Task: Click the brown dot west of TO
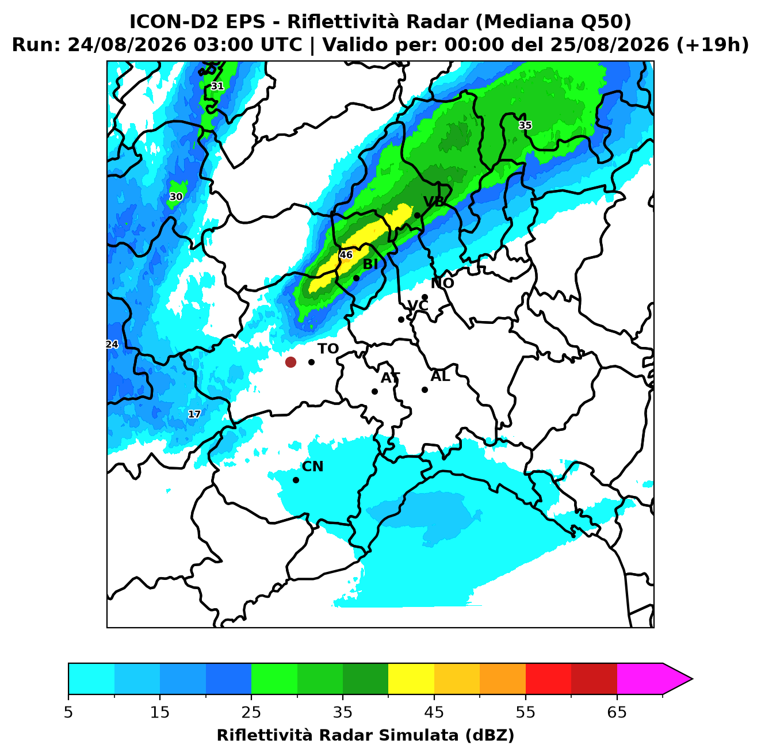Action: tap(290, 361)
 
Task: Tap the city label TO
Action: tap(328, 349)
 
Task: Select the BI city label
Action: tap(370, 265)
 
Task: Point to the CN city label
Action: tap(312, 467)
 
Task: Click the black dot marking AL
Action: tap(425, 390)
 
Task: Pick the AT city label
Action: tap(390, 378)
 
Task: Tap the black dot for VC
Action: tap(401, 319)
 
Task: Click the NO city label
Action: tap(442, 283)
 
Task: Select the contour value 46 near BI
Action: tap(346, 255)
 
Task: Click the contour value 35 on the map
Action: tap(525, 125)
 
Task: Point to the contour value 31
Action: tap(217, 86)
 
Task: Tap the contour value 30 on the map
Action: tap(176, 197)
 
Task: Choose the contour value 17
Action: tap(194, 414)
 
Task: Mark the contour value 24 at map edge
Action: tap(112, 344)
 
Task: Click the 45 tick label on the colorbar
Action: tap(434, 712)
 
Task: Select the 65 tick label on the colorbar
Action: tap(617, 712)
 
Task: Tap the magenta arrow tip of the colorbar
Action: tap(692, 679)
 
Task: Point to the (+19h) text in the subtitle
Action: tap(713, 45)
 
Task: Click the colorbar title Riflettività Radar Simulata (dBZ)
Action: tap(365, 735)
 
